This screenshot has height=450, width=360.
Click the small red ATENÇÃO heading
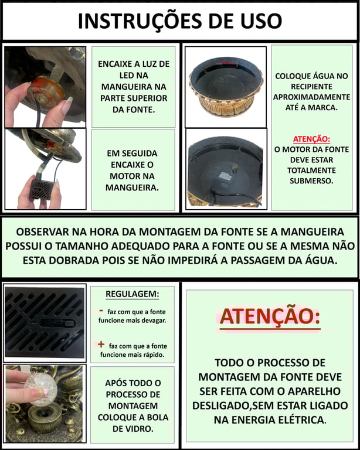pyautogui.click(x=311, y=139)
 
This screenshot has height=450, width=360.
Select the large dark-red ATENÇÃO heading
pyautogui.click(x=270, y=316)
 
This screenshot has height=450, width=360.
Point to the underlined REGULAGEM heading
pyautogui.click(x=133, y=294)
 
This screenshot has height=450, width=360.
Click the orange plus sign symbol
pyautogui.click(x=101, y=344)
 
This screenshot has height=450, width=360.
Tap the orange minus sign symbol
pyautogui.click(x=101, y=311)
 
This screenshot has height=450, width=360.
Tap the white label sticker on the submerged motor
pyautogui.click(x=226, y=176)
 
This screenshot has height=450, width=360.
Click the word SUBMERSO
pyautogui.click(x=311, y=181)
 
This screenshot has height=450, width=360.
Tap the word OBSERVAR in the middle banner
pyautogui.click(x=42, y=232)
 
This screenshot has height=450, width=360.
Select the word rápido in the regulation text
pyautogui.click(x=154, y=355)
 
